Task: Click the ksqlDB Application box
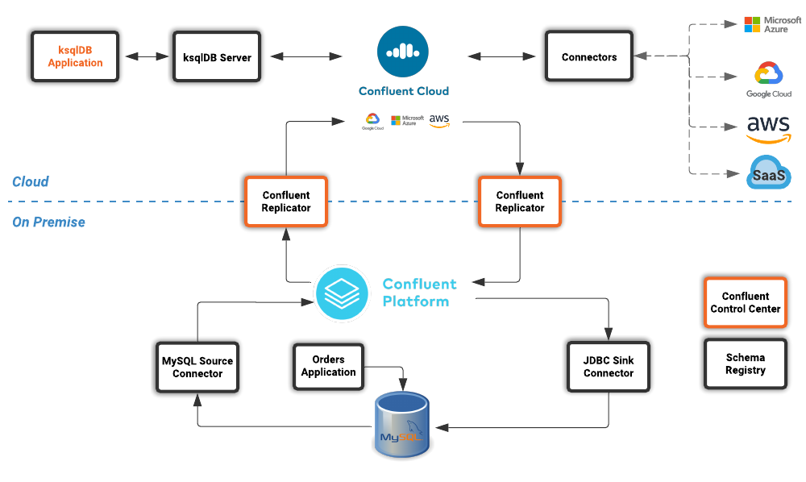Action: point(75,56)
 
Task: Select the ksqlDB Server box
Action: point(217,56)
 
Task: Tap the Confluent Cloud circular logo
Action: point(403,52)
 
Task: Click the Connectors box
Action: point(589,56)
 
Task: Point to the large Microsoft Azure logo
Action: point(772,24)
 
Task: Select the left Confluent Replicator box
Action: point(286,202)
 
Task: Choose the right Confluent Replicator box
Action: point(520,202)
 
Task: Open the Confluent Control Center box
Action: point(746,302)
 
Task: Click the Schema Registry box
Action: point(746,364)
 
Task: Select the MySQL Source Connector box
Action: point(197,368)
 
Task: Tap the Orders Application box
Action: point(328,366)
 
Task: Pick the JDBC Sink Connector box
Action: point(609,368)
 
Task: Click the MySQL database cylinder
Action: point(402,426)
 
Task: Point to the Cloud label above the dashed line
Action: point(31,181)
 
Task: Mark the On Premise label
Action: point(48,222)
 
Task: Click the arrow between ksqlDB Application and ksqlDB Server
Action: point(146,57)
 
